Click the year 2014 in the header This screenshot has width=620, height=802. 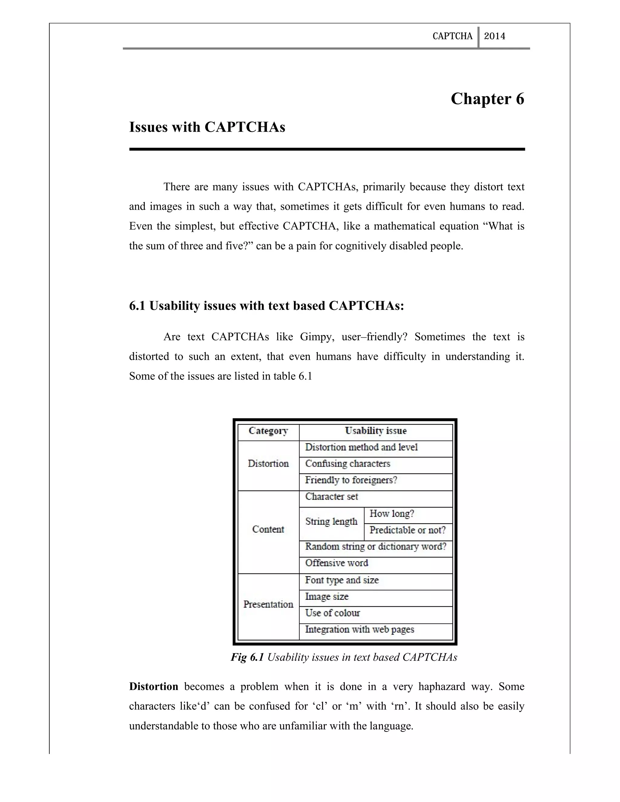click(x=494, y=36)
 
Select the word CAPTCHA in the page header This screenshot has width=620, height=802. click(x=453, y=36)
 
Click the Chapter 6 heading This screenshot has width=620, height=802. click(x=487, y=99)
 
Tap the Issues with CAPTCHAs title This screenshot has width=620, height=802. click(x=207, y=127)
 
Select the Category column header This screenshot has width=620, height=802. click(x=268, y=431)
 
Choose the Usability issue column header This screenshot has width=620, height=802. click(x=375, y=431)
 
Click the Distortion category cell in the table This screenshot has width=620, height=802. click(x=268, y=463)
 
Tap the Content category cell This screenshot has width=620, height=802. click(x=268, y=529)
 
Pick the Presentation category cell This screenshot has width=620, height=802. click(x=268, y=604)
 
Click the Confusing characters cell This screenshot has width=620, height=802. click(x=348, y=463)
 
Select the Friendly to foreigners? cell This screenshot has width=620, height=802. click(x=351, y=480)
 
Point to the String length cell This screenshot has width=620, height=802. click(x=331, y=521)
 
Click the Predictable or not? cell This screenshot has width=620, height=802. click(x=407, y=530)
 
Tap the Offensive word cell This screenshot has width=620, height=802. click(x=336, y=563)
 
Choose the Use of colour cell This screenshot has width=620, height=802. click(x=332, y=613)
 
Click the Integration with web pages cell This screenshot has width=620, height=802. click(x=360, y=629)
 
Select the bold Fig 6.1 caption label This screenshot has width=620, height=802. click(x=247, y=657)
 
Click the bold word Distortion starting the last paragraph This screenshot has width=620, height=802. click(x=153, y=686)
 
